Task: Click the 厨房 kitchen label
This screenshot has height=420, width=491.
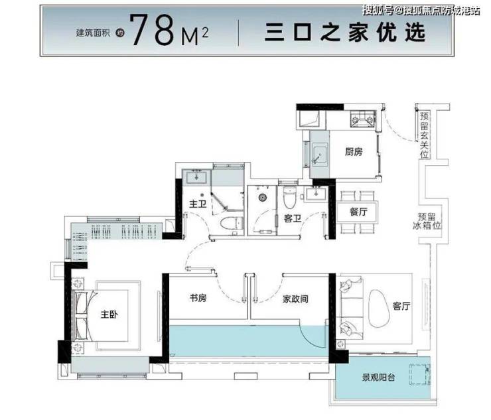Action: coord(354,152)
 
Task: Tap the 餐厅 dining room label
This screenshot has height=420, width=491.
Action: coord(358,212)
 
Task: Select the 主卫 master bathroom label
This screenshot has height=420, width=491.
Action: coord(198,204)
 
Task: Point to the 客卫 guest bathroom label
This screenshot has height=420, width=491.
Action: coord(293,218)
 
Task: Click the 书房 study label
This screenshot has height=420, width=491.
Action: coord(198,297)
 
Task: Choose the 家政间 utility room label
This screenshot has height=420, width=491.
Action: coord(295,299)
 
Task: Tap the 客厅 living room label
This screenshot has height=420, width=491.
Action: coord(401,306)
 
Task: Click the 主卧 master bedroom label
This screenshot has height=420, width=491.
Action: coord(109,314)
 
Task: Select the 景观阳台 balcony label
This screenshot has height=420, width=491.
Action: coord(378,378)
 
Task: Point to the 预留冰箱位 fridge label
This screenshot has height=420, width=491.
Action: coord(427,221)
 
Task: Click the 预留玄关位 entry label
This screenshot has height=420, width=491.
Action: coord(424,135)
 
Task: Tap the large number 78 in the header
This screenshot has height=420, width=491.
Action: coord(152,31)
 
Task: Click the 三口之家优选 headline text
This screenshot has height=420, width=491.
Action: coord(345,33)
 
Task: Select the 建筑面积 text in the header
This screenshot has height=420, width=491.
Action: coord(93,33)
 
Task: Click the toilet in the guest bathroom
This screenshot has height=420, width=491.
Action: coord(289,198)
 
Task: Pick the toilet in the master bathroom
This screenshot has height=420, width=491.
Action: coord(232,224)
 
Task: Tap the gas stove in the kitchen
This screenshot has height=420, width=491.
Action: coord(363,119)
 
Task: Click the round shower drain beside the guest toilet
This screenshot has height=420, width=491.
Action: coord(262,197)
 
